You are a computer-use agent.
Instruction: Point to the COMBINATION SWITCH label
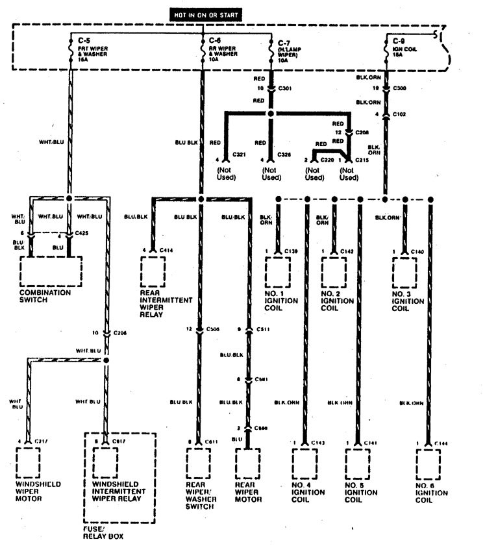(x=47, y=296)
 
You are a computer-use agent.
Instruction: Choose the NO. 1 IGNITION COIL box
(x=278, y=271)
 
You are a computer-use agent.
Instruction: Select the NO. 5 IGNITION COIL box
(x=357, y=462)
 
